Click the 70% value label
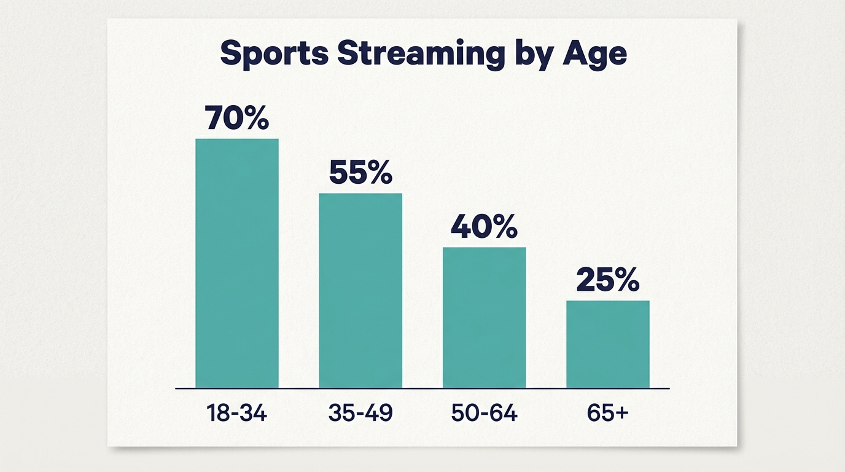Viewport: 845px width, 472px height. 237,118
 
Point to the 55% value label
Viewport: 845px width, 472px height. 360,173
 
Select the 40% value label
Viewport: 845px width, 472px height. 485,227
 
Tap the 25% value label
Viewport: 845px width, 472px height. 608,281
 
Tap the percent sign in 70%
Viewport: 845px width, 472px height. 254,118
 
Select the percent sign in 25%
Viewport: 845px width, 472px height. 625,281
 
